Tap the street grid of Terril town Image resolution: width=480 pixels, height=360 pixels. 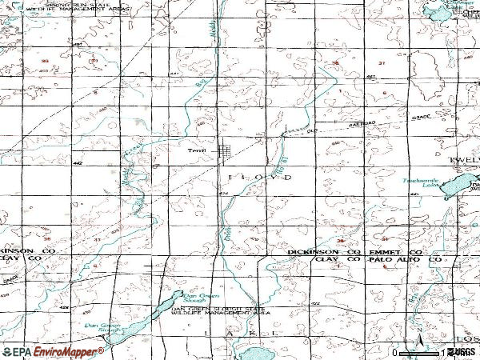(228, 150)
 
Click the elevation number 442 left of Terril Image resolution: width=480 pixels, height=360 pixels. (77, 163)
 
